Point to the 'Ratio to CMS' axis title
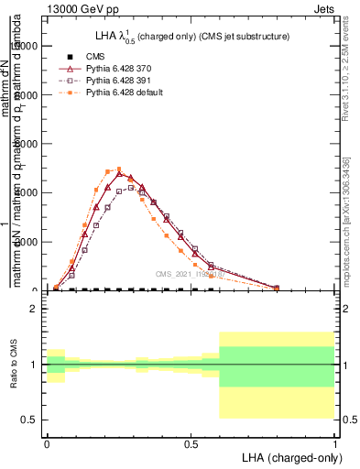[14, 365]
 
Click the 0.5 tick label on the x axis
[191, 442]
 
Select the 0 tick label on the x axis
[47, 442]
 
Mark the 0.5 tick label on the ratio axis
[29, 420]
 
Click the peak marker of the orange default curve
[119, 169]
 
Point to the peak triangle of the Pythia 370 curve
[119, 173]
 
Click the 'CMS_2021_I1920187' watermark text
[187, 273]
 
